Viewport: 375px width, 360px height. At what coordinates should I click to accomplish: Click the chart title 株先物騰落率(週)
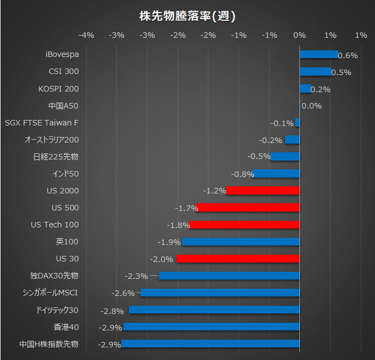(187, 16)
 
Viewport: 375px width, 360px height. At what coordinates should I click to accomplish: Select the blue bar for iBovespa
(319, 55)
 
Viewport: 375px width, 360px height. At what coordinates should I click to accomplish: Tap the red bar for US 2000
(263, 191)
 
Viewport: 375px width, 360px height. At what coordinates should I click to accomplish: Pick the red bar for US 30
(238, 259)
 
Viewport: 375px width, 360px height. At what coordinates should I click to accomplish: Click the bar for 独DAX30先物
(229, 276)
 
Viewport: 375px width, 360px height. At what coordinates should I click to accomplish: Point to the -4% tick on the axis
(87, 35)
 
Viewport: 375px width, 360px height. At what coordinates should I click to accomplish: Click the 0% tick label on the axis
(299, 35)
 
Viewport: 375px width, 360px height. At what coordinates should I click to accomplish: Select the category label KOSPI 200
(59, 89)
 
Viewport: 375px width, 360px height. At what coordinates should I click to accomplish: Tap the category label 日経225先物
(56, 157)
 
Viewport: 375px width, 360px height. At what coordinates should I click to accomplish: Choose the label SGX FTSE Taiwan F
(42, 123)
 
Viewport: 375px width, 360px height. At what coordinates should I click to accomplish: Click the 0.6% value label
(348, 55)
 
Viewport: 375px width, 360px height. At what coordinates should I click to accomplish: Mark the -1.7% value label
(186, 208)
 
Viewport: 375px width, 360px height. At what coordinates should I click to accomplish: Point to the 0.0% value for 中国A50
(311, 106)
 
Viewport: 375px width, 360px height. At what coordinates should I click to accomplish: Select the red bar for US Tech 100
(244, 225)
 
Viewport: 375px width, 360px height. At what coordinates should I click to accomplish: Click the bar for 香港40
(212, 327)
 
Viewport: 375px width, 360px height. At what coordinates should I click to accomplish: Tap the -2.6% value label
(123, 293)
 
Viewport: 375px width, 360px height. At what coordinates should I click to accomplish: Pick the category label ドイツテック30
(57, 310)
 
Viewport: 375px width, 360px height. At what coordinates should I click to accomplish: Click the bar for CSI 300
(315, 72)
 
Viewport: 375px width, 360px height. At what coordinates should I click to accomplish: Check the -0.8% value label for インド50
(243, 174)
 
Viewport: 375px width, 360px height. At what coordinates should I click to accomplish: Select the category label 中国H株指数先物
(49, 344)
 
